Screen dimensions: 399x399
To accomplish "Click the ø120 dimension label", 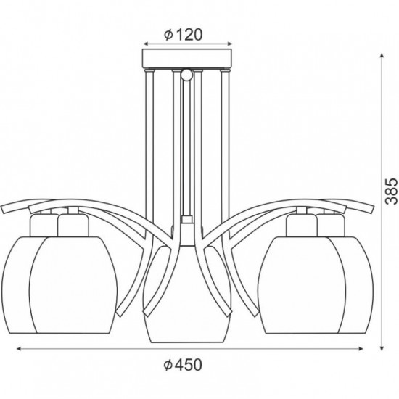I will (x=183, y=33).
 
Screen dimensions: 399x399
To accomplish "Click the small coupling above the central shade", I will (x=186, y=218).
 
